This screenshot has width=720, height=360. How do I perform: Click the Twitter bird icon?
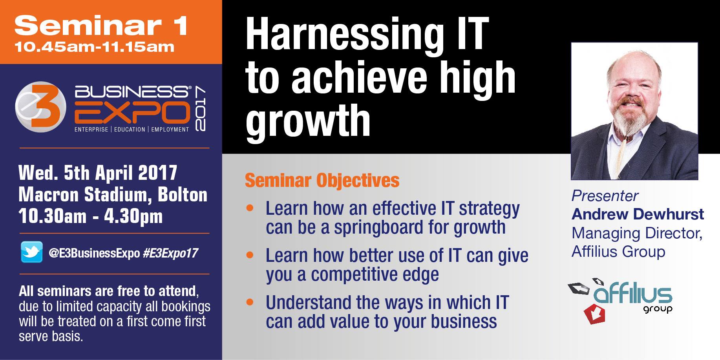coord(32,252)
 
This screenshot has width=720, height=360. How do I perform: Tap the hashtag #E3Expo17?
coord(170,253)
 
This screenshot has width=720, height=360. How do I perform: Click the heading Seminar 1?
coord(101,26)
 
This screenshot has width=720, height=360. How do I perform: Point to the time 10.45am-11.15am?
coord(94,47)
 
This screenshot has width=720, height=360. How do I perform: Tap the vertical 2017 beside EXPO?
coord(200,109)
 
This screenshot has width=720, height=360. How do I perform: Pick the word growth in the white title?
coord(308,120)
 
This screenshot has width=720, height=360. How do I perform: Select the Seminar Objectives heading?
coord(322,181)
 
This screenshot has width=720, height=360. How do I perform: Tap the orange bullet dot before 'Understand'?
coord(250,302)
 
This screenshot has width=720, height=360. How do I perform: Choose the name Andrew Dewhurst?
coord(638,214)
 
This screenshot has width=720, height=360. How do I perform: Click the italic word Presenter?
coord(605,196)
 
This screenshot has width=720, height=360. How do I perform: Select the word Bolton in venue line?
coord(183,195)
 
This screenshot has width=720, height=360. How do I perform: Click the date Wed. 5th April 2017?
coord(98,173)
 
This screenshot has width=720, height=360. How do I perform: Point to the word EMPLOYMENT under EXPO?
coord(170,130)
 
